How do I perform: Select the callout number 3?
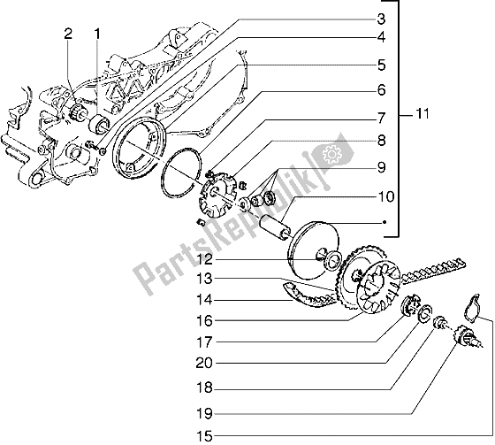381,19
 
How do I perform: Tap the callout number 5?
381,65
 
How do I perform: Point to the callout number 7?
381,117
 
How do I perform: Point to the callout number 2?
67,35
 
